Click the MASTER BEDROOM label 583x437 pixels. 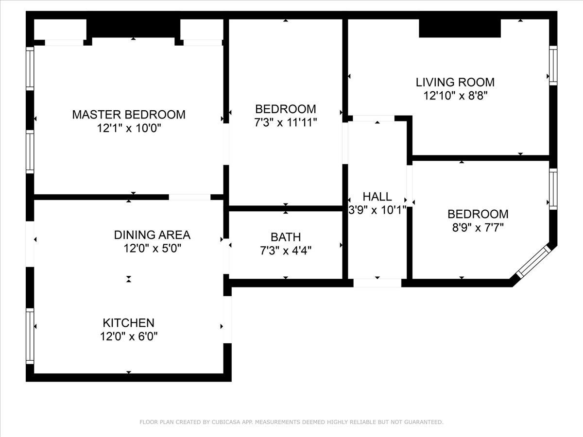coord(129,115)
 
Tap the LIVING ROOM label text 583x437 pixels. coord(455,82)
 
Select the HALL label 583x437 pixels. coord(377,197)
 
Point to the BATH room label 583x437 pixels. coord(286,237)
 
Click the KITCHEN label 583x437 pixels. coord(129,323)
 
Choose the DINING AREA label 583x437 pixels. coord(152,235)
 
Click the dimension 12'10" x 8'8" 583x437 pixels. coord(455,96)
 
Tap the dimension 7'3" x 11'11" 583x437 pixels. coord(286,122)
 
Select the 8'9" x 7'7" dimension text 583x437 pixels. coord(478,228)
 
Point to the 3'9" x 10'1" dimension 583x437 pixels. coord(377,210)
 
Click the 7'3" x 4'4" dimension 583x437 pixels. coord(286,251)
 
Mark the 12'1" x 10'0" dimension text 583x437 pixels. coord(129,128)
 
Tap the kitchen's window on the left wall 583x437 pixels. coord(30,336)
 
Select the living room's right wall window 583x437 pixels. coord(553,66)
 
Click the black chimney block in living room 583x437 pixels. coord(460,28)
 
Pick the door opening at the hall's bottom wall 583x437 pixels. coord(377,283)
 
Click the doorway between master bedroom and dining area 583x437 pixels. coord(189,197)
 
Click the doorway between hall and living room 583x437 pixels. coord(374,118)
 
